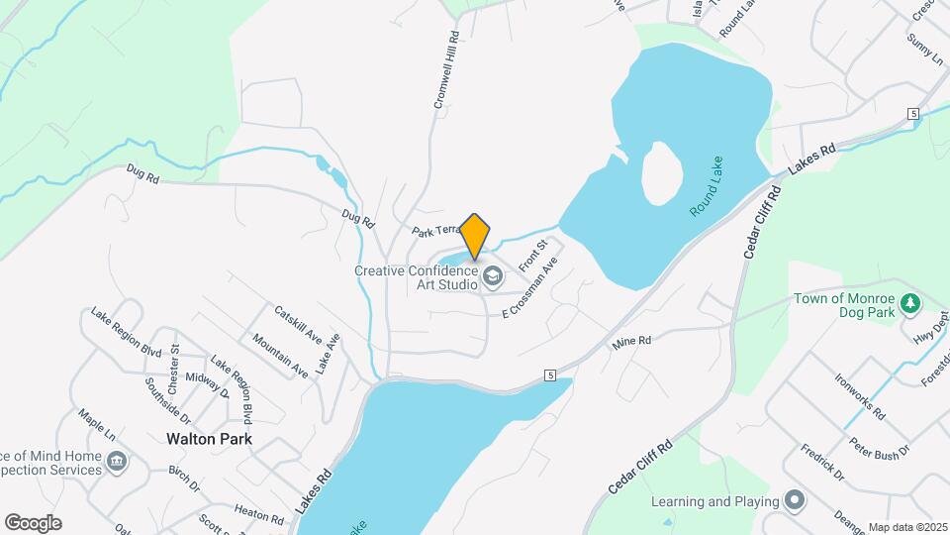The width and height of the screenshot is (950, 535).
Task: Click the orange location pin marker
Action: tap(475, 236)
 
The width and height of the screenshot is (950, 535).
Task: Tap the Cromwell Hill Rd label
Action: tap(446, 68)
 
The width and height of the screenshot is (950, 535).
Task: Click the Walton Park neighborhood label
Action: tap(209, 438)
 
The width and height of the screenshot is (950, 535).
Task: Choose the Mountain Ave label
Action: tap(279, 355)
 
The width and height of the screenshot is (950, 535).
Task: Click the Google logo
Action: tap(33, 523)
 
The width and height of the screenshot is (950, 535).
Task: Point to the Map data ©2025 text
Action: tap(907, 528)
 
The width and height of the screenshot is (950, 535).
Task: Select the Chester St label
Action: tap(174, 361)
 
